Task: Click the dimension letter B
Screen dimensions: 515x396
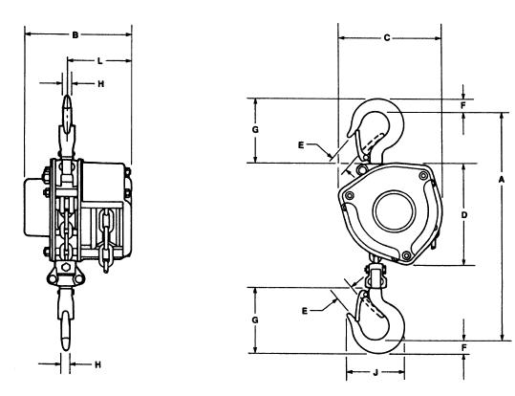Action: tap(75, 34)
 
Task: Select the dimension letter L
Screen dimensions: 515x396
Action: tap(100, 61)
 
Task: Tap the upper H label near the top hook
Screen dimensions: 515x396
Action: tap(101, 84)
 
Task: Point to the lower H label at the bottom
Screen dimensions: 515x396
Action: tap(97, 364)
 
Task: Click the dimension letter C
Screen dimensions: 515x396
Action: tap(387, 38)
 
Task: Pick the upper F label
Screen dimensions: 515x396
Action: tap(463, 105)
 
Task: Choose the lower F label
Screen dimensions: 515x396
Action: tap(463, 347)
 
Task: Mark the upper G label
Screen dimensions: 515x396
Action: tap(255, 129)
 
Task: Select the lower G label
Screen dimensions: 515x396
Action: tap(255, 319)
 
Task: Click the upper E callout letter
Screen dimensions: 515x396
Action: tap(301, 145)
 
